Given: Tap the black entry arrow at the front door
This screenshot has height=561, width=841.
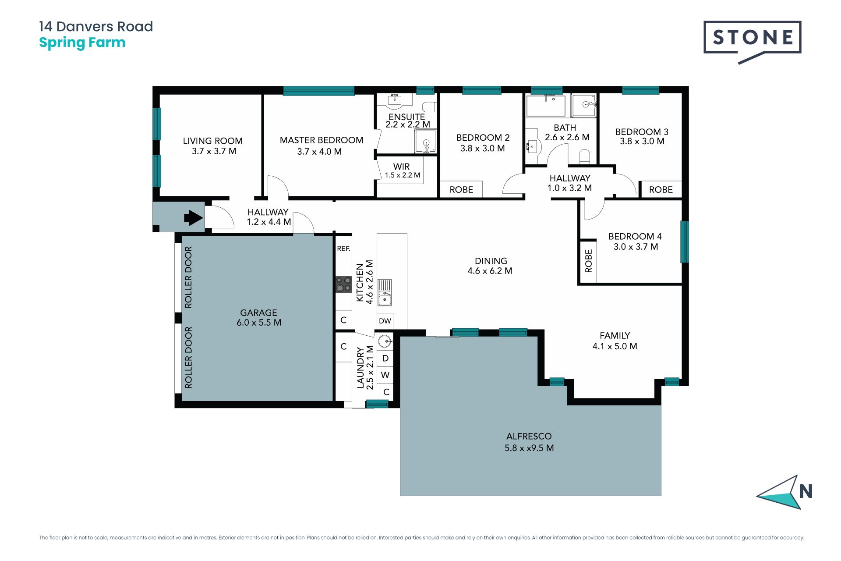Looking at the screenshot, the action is point(193,217).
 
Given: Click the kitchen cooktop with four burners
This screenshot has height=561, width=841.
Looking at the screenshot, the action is point(344,284).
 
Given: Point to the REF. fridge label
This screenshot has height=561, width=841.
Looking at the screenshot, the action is point(343,249).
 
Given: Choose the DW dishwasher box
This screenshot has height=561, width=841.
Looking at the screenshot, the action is point(385,321).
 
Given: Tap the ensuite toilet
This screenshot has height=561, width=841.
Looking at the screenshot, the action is point(430,107).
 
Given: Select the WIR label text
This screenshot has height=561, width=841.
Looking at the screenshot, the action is point(402,167).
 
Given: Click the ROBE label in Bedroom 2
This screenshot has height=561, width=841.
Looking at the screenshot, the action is point(461,190).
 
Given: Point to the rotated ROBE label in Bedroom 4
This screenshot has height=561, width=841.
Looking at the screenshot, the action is point(589,261).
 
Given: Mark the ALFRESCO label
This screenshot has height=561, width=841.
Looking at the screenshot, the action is point(529,436).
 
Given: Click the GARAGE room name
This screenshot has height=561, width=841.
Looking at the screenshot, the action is point(258,312).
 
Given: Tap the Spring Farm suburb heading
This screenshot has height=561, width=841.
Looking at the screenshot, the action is point(82,43).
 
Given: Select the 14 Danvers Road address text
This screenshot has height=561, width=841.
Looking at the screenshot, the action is point(96,26).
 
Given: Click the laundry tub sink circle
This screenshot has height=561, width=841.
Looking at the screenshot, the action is point(385,341).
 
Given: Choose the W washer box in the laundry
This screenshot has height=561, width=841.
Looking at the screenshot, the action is point(385,375).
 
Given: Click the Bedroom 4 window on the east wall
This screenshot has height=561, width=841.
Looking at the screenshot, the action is point(684,242).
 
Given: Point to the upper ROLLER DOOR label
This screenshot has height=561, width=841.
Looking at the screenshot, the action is point(188,277).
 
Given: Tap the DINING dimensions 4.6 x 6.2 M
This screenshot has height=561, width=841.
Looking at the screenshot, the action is point(490,271).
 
